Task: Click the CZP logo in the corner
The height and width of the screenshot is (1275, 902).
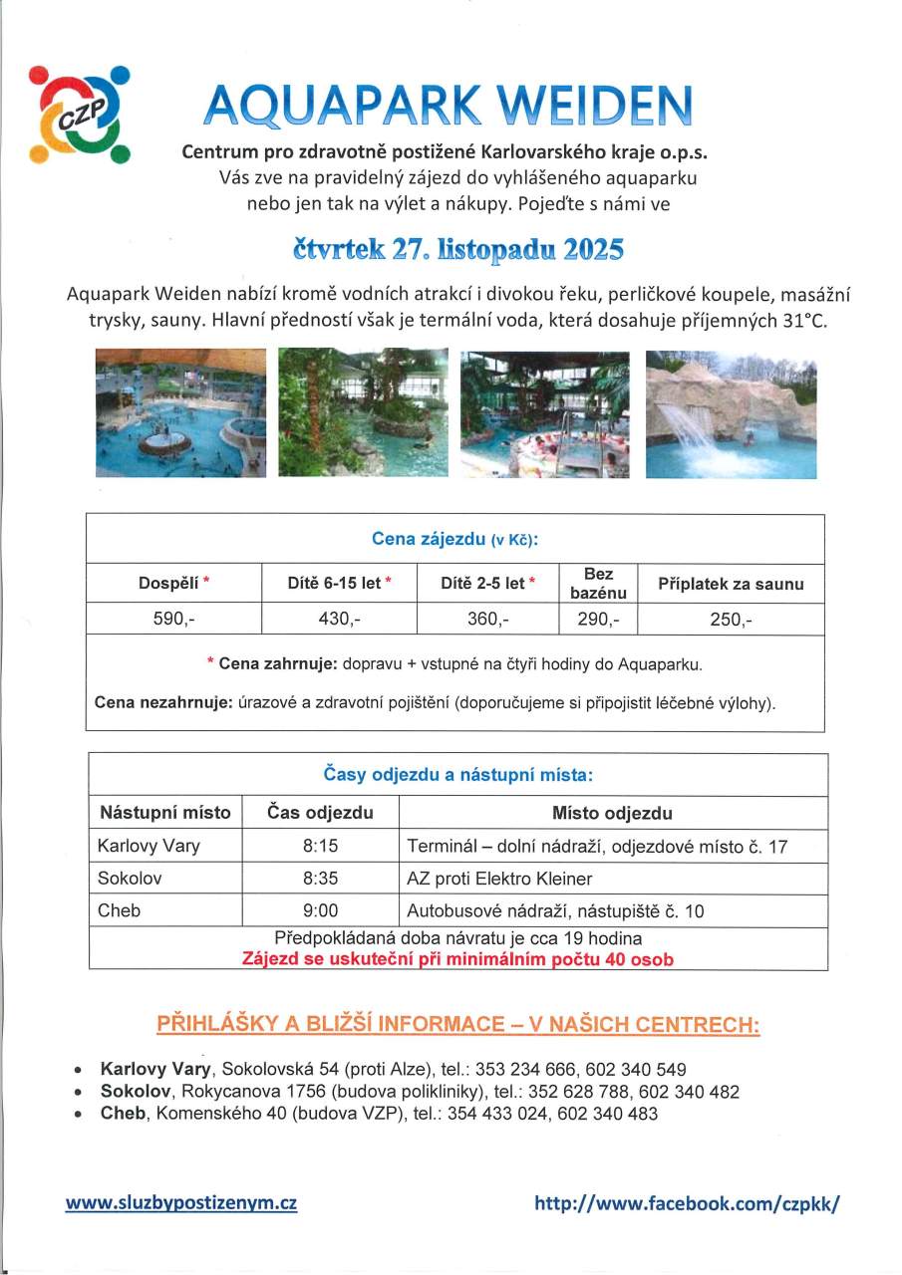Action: tap(80, 114)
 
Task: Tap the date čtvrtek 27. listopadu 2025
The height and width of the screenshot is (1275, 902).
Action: tap(457, 249)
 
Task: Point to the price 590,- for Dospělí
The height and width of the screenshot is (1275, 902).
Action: tap(173, 619)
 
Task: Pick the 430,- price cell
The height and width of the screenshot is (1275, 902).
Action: tap(339, 619)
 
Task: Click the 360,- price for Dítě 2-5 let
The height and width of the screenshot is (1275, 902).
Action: tap(488, 619)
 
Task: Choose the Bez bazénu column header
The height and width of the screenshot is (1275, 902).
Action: tap(598, 584)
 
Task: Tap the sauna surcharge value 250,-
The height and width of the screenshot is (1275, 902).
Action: tap(731, 619)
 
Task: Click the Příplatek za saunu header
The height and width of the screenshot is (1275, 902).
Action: tap(731, 584)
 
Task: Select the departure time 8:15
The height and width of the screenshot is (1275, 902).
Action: tap(320, 847)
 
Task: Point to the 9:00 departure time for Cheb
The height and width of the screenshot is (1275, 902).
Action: tap(320, 910)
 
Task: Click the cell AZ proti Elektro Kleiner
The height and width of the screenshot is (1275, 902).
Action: tap(499, 879)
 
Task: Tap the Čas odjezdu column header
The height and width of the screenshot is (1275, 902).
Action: tap(320, 813)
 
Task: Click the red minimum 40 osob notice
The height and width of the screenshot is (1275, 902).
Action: tap(457, 960)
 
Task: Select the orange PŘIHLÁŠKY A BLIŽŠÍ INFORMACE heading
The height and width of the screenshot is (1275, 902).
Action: tap(457, 1025)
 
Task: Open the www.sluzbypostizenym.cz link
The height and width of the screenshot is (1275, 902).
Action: tap(181, 1202)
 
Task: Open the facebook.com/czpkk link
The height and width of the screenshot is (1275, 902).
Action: tap(687, 1202)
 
